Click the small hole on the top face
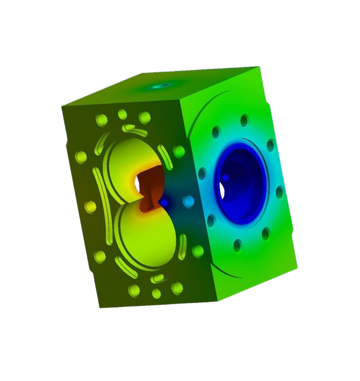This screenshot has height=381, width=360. pos(163,85)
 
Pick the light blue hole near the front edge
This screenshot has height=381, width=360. pos(188,201)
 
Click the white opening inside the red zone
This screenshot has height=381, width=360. pos(139,183)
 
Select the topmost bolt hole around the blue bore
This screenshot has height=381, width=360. pos(244,120)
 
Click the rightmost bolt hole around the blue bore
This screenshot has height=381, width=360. pos(280,193)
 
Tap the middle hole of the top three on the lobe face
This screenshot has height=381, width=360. pos(122,114)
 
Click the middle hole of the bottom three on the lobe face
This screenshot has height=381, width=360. pos(156,294)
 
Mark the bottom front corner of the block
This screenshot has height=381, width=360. pos(218,301)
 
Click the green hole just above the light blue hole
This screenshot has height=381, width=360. pos(179,151)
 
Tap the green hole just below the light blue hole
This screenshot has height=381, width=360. pos(198,251)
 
